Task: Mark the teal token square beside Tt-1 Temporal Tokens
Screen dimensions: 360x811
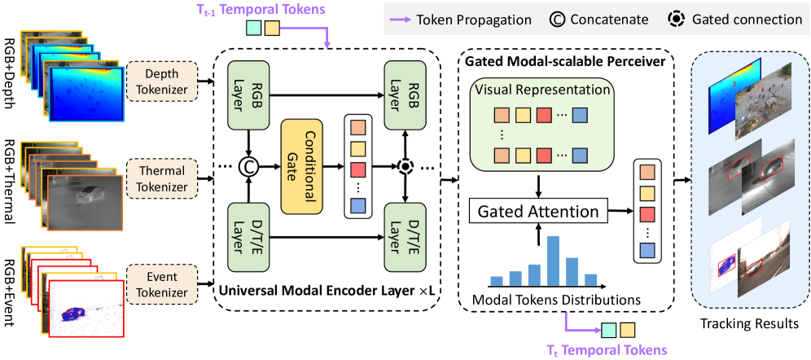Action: pyautogui.click(x=253, y=29)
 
